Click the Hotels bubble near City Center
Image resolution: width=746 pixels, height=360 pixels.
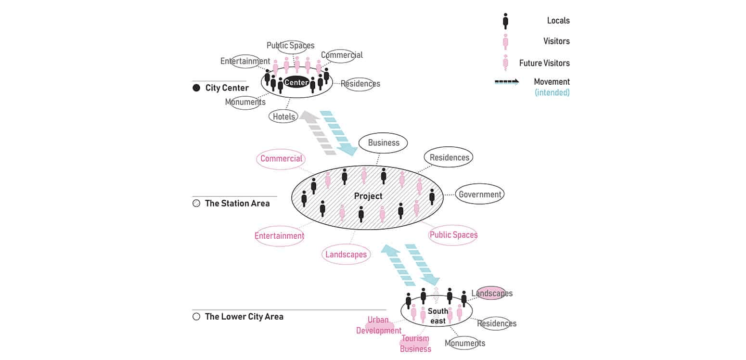point(283,116)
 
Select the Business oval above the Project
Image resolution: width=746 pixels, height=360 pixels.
point(384,143)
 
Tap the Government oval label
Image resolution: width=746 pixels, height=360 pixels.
point(479,194)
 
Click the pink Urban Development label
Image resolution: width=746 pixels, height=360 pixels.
point(379,325)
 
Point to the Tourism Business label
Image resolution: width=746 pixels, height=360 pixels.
point(415,344)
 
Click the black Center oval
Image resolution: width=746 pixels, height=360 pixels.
point(296,82)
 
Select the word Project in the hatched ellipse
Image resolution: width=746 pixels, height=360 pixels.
point(368,196)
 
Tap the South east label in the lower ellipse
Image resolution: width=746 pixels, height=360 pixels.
point(437,316)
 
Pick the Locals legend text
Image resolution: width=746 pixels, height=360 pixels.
point(558,21)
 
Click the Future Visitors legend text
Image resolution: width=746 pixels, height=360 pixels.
point(544,63)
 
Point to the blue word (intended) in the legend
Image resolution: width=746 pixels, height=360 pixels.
point(552,92)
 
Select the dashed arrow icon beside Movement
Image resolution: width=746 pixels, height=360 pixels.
point(506,82)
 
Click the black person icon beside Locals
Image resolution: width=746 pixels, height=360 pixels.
point(505,21)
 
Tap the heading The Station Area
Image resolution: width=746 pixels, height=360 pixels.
point(237,203)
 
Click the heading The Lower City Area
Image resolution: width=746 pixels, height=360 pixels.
point(244,317)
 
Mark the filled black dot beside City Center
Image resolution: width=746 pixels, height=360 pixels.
point(196,88)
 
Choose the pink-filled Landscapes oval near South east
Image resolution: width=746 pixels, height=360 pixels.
point(492,293)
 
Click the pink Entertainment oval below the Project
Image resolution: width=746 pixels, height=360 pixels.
point(279,236)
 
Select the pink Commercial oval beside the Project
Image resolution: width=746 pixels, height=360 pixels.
point(281,159)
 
